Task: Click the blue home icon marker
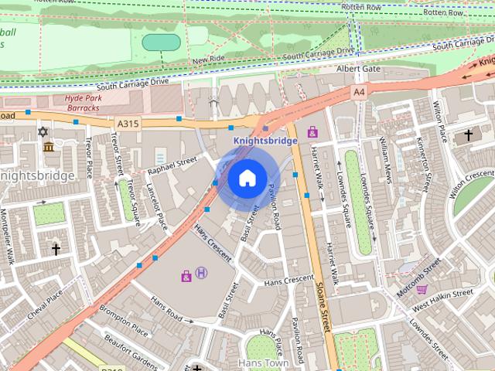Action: click(246, 179)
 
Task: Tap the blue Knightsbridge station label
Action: click(265, 141)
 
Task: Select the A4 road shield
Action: click(358, 92)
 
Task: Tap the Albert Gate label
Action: click(358, 69)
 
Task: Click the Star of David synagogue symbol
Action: click(43, 132)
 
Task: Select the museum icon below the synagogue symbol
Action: click(48, 147)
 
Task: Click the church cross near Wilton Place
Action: click(468, 135)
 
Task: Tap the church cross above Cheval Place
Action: click(56, 249)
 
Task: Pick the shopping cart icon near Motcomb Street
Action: click(422, 290)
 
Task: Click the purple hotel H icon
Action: click(202, 272)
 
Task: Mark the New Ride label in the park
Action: click(208, 60)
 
